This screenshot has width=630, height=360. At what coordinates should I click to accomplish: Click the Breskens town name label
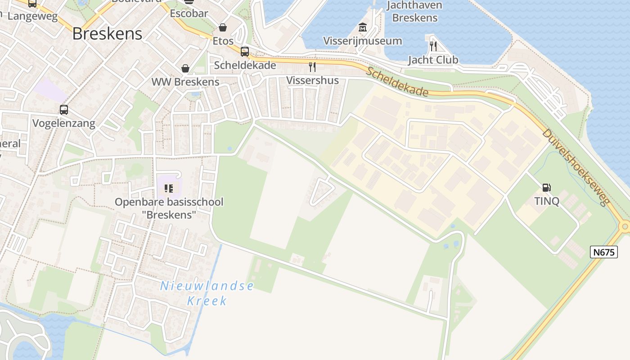coord(107,34)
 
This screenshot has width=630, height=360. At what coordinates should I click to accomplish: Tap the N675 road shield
coord(604,252)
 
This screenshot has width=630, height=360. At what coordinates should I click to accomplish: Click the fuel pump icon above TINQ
coord(547,187)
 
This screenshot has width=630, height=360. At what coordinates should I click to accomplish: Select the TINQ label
coord(547,201)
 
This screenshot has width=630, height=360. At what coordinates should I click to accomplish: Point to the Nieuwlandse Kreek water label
coord(207,293)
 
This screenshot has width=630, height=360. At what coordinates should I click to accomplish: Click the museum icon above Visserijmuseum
coord(363,27)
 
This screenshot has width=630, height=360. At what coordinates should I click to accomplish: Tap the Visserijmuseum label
coord(363,41)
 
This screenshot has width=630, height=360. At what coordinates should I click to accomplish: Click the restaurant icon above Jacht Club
coord(433,45)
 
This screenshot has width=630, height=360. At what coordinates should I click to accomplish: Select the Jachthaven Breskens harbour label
coord(414,12)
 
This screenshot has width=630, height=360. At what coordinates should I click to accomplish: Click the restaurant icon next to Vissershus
coord(312,67)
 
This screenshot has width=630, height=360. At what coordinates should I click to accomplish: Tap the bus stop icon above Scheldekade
coord(245,51)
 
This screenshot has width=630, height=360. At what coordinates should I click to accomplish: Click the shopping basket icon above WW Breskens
coord(185,68)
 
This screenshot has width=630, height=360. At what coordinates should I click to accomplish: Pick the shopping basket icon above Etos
coord(223,27)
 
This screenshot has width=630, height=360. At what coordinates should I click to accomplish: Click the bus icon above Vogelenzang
coord(64,109)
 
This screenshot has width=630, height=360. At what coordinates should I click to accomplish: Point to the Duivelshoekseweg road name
coord(576,166)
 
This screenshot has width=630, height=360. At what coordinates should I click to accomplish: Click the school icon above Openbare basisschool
coord(169,188)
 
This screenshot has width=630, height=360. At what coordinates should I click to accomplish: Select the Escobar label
coord(189,13)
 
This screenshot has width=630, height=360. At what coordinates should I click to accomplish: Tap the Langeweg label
coord(33,16)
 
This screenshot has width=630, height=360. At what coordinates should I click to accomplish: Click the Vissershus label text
coord(312,81)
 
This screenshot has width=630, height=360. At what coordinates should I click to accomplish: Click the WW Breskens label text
coord(185,82)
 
